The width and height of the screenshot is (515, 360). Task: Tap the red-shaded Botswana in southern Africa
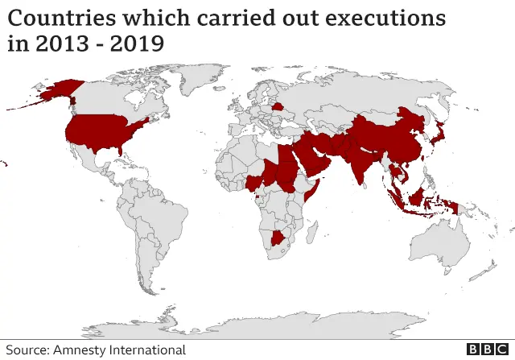pos(281,238)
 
